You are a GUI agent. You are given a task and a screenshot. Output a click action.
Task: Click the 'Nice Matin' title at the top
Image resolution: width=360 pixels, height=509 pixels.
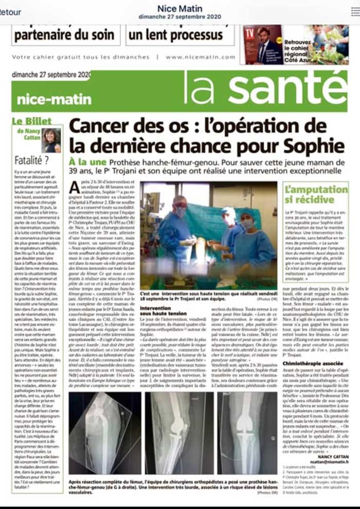pyautogui.click(x=179, y=9)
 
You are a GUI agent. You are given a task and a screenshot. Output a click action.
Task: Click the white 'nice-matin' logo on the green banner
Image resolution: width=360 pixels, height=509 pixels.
pyautogui.click(x=54, y=99)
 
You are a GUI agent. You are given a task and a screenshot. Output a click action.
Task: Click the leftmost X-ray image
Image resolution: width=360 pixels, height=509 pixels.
pyautogui.click(x=104, y=433)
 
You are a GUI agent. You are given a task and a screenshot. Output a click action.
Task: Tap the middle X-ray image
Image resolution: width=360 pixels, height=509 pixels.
pyautogui.click(x=176, y=433)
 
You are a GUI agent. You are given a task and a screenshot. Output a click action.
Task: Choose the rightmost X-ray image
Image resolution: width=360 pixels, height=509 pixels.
pyautogui.click(x=247, y=433)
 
